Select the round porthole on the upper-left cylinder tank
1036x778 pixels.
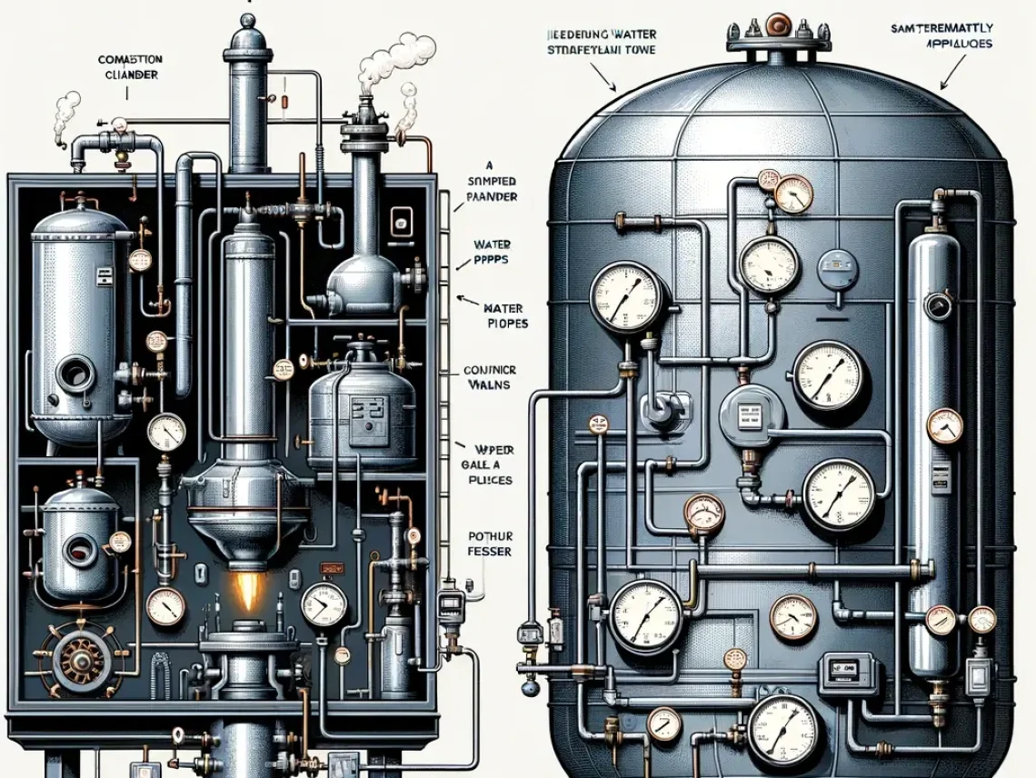tap(72, 373)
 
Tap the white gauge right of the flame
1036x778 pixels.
tap(324, 604)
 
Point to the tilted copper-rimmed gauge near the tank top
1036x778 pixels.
tap(793, 192)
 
